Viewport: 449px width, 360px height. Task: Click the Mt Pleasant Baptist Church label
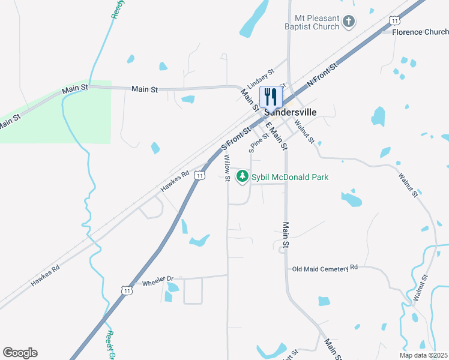(313, 22)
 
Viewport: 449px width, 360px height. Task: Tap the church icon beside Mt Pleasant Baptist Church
(349, 23)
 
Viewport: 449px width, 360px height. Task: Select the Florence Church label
(420, 32)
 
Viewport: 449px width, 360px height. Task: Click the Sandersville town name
(291, 112)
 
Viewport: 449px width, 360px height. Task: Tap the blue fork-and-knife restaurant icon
(270, 96)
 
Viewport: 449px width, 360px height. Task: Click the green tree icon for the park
(243, 176)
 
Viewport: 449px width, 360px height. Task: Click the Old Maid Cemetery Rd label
(325, 268)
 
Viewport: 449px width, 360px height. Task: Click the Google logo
(20, 353)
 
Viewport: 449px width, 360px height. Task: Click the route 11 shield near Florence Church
(394, 20)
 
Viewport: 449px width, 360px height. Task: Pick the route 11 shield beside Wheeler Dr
(126, 290)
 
